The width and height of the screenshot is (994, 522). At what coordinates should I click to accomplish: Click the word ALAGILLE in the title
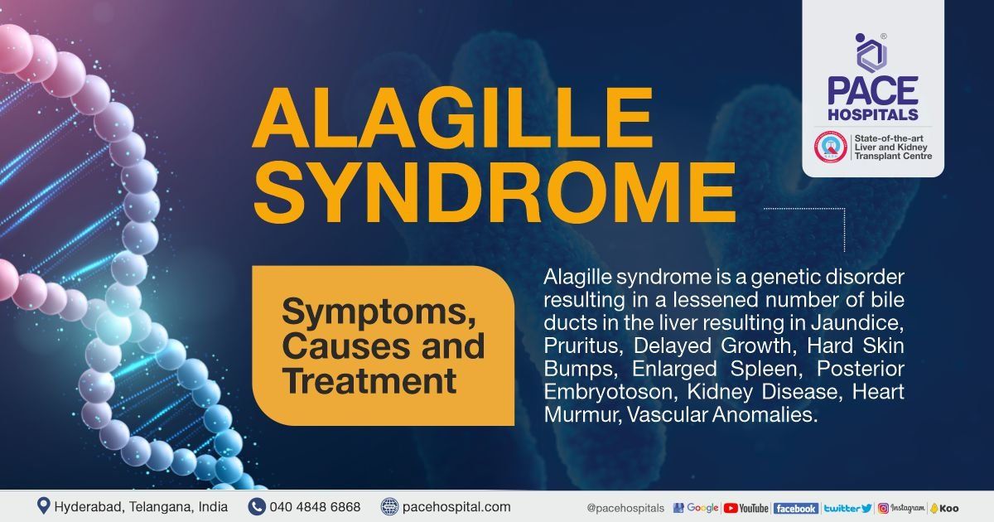pos(452,117)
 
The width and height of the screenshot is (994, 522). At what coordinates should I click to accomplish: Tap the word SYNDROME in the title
pos(494,191)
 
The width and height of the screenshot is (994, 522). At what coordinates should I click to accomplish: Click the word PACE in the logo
pos(873,91)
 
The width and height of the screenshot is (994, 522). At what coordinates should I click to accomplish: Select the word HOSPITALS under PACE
pos(873,114)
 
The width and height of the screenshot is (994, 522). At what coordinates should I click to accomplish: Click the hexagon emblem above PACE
pos(871,53)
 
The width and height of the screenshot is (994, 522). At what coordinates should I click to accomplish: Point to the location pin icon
pos(43,506)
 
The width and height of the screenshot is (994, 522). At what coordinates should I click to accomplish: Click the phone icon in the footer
pos(257,506)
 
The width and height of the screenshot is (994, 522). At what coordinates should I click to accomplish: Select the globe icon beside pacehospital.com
pos(389,506)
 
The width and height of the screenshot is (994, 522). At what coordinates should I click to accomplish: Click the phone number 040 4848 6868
pos(315,506)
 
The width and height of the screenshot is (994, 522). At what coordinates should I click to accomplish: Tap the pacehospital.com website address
pos(456,507)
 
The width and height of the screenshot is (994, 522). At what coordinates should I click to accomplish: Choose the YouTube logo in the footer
pos(745,508)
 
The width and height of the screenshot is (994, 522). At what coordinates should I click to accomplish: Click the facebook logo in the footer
pos(796,509)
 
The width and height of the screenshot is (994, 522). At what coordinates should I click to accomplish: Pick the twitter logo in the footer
pos(848,508)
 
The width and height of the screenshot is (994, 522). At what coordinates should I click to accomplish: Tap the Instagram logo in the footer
pos(902,508)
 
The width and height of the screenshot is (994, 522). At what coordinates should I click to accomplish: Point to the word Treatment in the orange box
pos(369,381)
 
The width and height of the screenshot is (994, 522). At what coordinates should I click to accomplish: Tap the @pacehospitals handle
pos(625,508)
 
